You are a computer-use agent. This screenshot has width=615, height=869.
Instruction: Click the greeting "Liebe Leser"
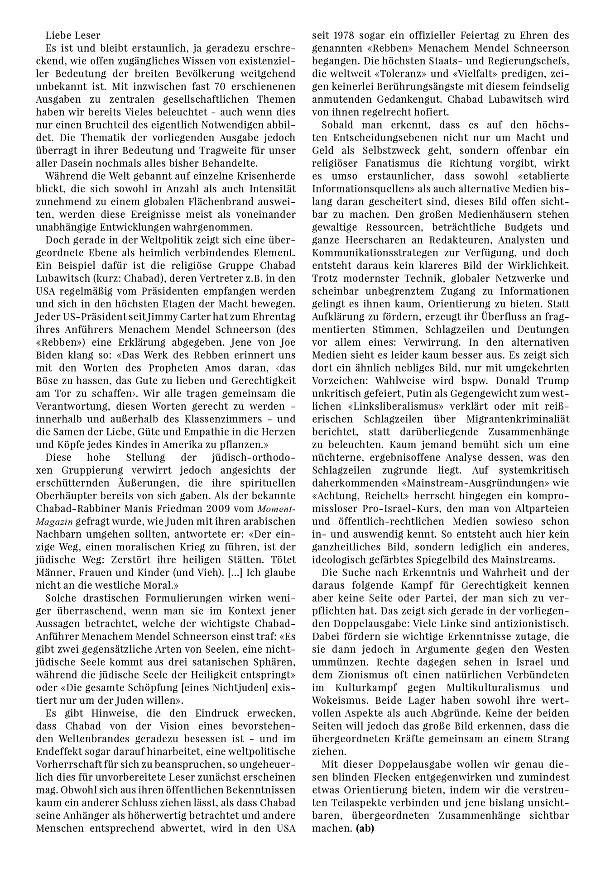(x=73, y=35)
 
